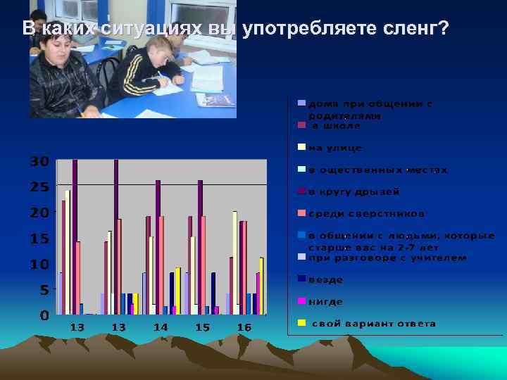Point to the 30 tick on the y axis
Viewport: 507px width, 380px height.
pos(39,161)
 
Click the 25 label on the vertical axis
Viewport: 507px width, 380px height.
pos(39,187)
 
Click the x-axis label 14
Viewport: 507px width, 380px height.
pos(161,327)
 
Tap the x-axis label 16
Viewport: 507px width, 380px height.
pos(244,327)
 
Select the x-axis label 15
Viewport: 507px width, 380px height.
pos(203,327)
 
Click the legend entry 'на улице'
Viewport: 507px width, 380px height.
pos(335,148)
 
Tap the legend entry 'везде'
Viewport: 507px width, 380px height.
pos(326,279)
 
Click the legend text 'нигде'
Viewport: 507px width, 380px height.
pos(326,301)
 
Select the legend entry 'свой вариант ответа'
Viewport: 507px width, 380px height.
pos(373,324)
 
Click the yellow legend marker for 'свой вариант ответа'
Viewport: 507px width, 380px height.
pos(301,324)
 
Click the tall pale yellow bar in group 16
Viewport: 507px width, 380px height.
pos(234,262)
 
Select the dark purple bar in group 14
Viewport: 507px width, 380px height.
pos(158,246)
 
